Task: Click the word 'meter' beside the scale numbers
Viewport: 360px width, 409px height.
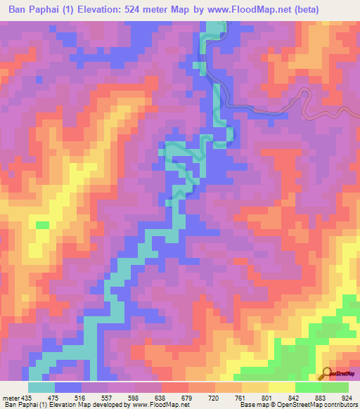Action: click(x=9, y=396)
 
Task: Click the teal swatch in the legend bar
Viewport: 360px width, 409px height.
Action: click(x=41, y=387)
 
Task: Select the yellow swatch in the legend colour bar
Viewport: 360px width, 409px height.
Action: click(x=281, y=387)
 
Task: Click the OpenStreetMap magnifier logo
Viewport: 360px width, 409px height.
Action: click(x=327, y=372)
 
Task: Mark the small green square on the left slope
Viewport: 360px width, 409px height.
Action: click(x=43, y=225)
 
